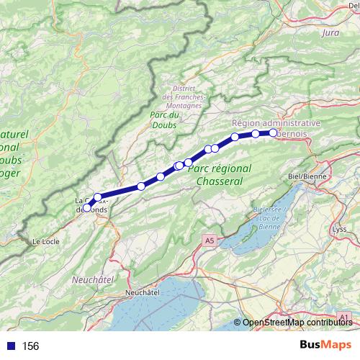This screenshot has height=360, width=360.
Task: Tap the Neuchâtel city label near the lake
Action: pos(142,293)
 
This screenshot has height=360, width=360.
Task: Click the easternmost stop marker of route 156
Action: pos(274,132)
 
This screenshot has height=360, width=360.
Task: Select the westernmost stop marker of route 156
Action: pos(87,208)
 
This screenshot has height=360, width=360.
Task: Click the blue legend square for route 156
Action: pos(11,346)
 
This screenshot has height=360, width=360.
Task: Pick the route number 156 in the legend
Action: pos(30,346)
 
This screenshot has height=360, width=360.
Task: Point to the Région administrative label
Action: pos(276,123)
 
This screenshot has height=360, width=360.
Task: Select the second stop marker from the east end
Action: pos(256,134)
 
